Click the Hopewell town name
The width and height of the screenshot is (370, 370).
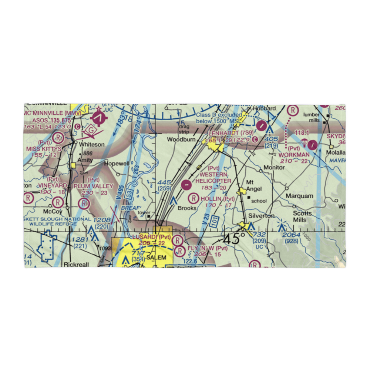click(x=116, y=163)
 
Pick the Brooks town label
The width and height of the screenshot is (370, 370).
click(x=187, y=208)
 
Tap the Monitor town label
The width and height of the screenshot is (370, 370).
click(x=274, y=168)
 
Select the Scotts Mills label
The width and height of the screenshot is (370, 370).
click(x=300, y=216)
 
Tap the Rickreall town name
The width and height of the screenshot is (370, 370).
click(x=75, y=265)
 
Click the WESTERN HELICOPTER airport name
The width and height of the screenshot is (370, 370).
click(x=213, y=177)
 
